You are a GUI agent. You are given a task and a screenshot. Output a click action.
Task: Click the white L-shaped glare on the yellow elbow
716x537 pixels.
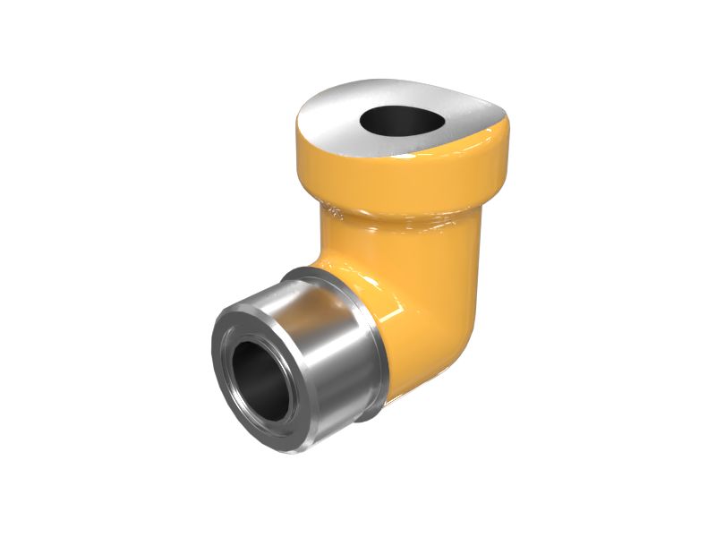pos(394,295)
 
